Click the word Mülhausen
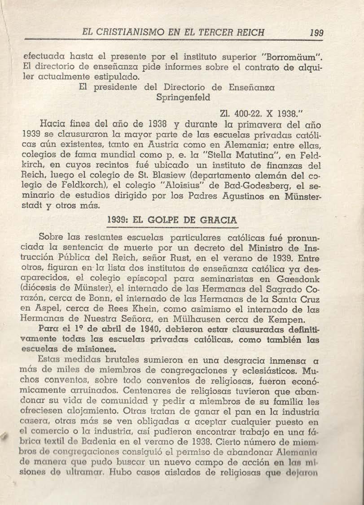click(203, 319)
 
